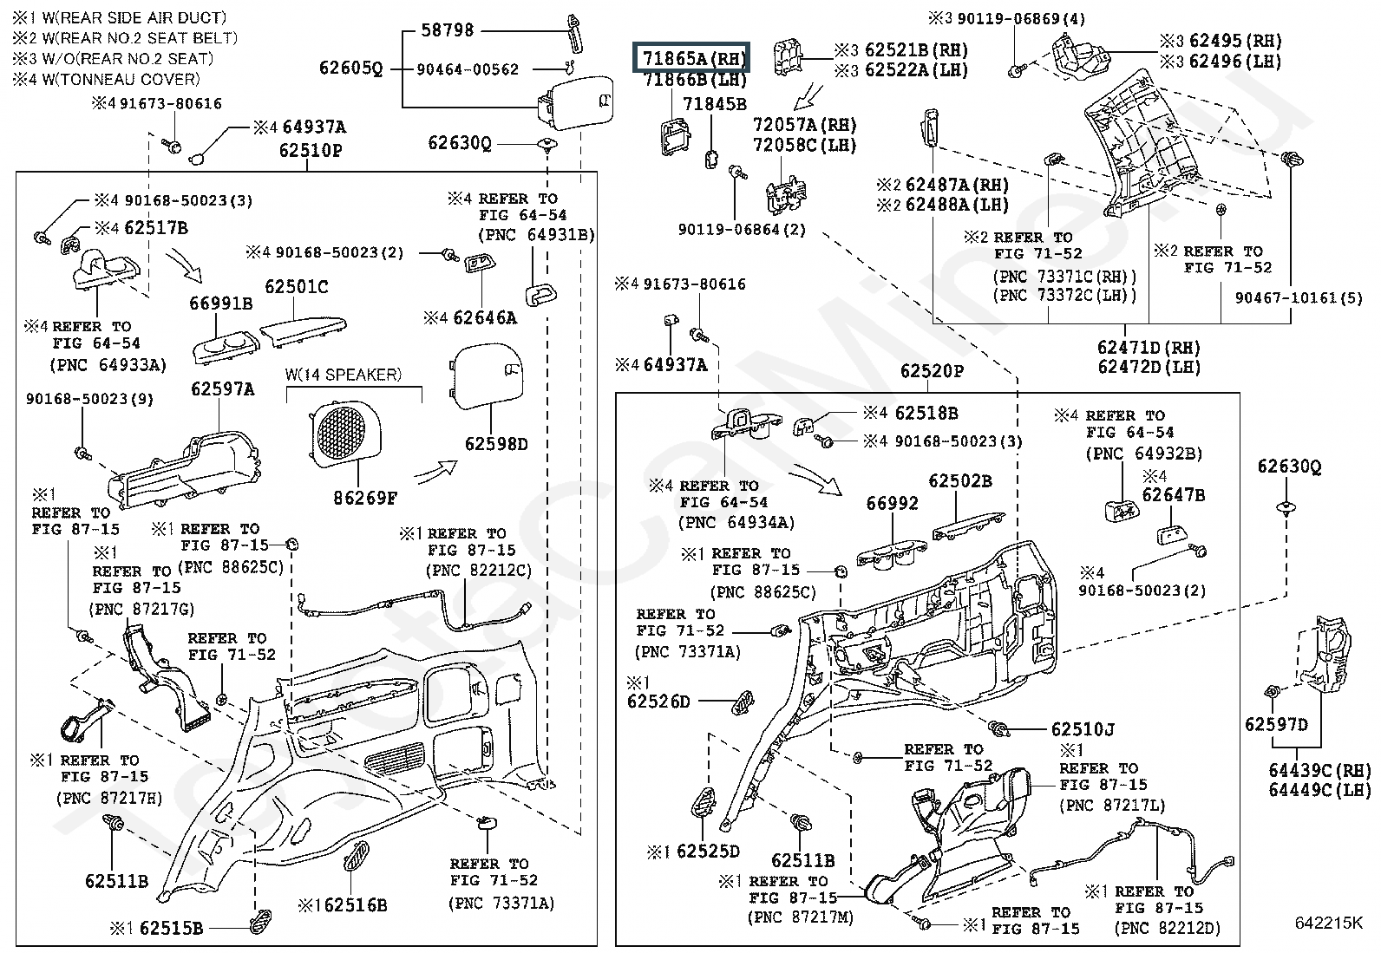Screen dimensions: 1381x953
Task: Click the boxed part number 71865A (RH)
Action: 691,58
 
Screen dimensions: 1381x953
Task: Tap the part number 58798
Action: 447,30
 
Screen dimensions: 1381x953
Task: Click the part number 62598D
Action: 496,444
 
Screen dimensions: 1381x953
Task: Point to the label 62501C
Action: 296,287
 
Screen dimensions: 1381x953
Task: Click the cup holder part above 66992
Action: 892,552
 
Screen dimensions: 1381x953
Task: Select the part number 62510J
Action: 1083,729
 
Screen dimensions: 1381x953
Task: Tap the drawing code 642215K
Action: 1328,922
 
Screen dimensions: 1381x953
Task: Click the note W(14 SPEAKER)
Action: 344,374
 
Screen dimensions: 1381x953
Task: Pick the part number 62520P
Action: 932,370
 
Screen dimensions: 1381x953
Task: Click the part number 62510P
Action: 310,150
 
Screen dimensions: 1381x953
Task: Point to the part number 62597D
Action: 1275,724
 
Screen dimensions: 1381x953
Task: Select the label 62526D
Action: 658,702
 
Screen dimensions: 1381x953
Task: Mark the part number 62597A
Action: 223,389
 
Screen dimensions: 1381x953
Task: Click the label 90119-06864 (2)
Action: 742,229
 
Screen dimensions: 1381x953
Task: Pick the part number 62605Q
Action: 350,68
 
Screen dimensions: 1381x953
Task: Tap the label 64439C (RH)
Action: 1319,770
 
